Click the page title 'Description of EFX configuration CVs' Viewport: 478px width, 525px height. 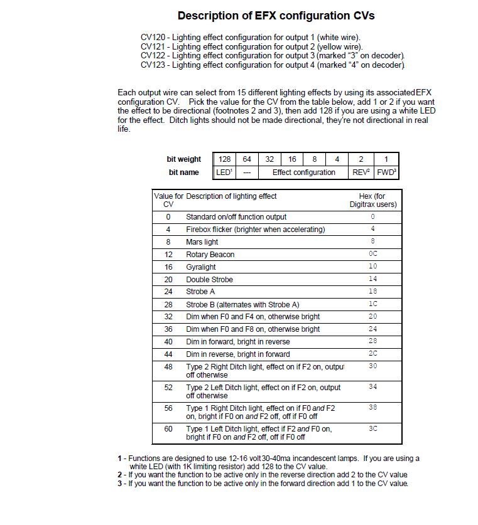click(276, 16)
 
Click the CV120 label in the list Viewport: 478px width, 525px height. click(154, 38)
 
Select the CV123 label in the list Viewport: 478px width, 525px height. click(154, 65)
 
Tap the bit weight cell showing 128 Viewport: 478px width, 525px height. click(224, 159)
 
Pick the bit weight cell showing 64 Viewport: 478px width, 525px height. click(247, 159)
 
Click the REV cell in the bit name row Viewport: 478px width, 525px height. click(361, 172)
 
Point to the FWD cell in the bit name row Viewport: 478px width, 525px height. click(386, 172)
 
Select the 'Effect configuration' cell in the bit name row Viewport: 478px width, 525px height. click(303, 172)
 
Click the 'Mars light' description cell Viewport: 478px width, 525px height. click(202, 242)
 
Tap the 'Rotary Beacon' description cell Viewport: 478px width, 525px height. click(210, 255)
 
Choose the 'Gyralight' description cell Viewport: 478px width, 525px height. click(201, 267)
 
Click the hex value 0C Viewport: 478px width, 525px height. click(373, 254)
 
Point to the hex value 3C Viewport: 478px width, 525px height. click(373, 428)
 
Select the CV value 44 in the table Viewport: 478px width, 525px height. click(168, 354)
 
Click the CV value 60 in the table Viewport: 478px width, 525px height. click(168, 428)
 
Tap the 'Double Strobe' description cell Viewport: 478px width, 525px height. click(209, 280)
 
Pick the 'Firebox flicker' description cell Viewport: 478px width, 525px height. click(256, 230)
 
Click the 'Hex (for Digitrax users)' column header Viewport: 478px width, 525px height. click(373, 200)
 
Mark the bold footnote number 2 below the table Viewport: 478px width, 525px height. click(119, 475)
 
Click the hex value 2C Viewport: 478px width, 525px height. click(373, 354)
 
